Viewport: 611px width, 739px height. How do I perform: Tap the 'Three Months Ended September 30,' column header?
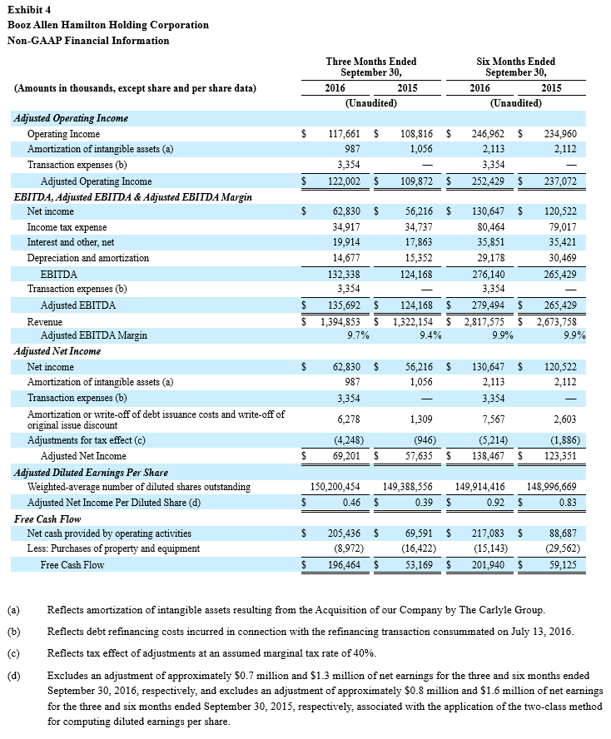coord(371,67)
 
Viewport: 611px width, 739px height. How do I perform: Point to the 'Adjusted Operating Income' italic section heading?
coord(72,118)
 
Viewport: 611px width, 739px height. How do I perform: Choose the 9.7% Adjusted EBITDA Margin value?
coord(358,335)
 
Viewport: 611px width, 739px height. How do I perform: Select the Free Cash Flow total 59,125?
coord(559,565)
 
